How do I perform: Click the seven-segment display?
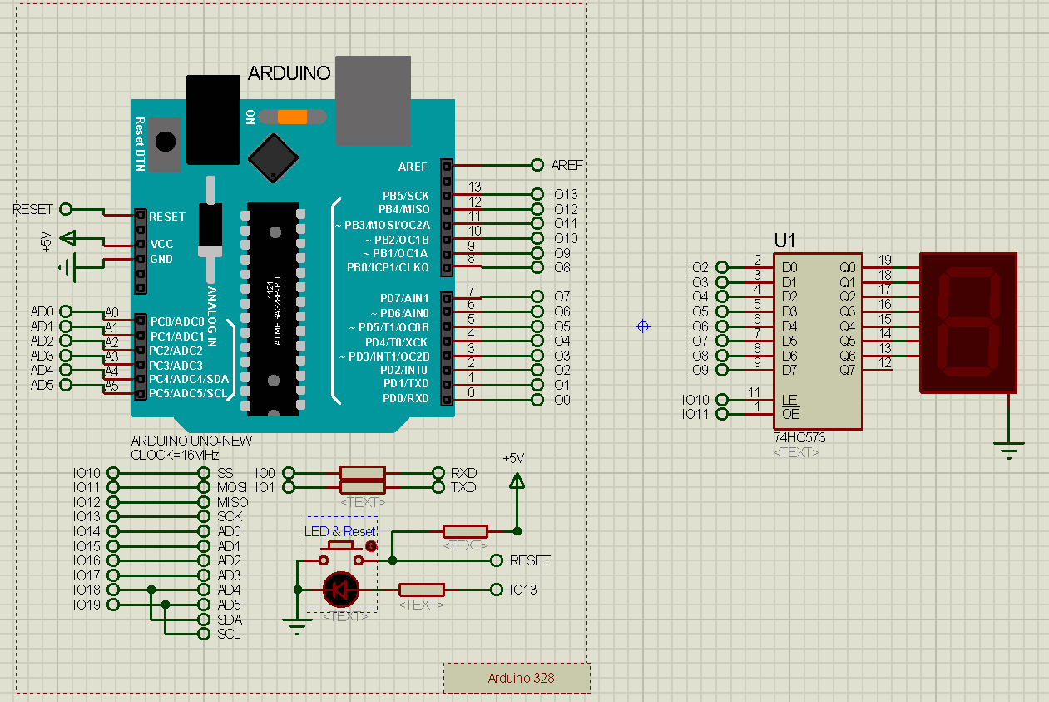coord(968,322)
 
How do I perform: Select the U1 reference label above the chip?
coord(784,241)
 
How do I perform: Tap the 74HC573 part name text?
coord(799,437)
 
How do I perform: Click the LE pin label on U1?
coord(789,400)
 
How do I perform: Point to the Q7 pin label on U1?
coord(847,370)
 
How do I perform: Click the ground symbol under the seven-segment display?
coord(1009,451)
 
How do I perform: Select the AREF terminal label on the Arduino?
coord(567,166)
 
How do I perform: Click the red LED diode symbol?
coord(340,590)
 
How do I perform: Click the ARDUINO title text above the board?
coord(289,73)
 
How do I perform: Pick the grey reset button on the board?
coord(166,142)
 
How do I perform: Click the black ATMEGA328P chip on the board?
coord(272,308)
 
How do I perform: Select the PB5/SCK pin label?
coord(405,196)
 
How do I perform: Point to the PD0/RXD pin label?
coord(405,399)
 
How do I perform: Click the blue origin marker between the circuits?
coord(642,326)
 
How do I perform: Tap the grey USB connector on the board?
coord(373,100)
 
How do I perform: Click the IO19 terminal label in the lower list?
coord(87,605)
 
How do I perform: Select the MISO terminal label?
coord(233,502)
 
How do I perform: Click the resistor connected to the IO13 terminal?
coord(422,590)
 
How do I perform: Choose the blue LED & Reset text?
coord(339,531)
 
